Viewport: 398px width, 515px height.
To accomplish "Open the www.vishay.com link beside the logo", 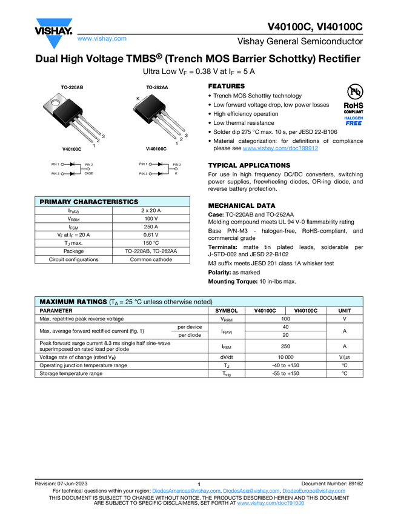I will click(102, 38).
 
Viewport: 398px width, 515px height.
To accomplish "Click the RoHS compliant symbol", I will click(354, 97).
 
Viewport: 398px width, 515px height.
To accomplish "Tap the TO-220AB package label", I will click(71, 88).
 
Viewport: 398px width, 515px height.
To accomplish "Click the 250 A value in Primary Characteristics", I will click(151, 227).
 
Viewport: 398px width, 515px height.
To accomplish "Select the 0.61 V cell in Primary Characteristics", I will click(151, 234).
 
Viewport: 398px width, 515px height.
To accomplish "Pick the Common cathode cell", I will click(151, 259).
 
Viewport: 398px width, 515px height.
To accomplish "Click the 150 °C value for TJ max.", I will click(151, 243).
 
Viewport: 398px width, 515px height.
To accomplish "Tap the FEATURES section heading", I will click(227, 87).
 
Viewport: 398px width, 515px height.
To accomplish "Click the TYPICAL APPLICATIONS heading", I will click(249, 165).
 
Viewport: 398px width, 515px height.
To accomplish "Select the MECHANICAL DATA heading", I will click(241, 205).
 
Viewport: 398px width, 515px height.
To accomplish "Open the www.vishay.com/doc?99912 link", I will click(280, 148).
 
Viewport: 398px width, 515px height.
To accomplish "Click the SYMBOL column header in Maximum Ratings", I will click(227, 310).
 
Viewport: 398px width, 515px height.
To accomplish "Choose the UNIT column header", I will click(344, 310).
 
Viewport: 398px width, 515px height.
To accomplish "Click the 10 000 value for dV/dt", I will click(285, 357).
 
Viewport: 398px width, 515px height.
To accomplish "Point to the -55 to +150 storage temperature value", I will click(285, 373).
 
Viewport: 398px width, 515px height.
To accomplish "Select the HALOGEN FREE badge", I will click(354, 121).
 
